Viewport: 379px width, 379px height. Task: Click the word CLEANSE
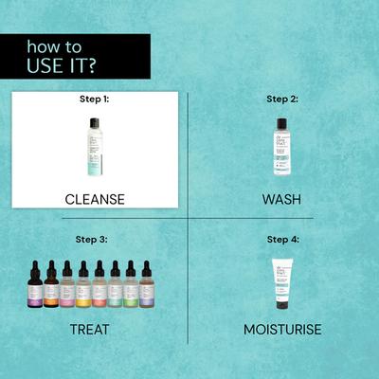pos(94,199)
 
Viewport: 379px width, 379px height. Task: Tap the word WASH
pos(281,199)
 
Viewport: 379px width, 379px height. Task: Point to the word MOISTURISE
pos(281,330)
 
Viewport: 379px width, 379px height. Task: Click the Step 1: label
pos(94,98)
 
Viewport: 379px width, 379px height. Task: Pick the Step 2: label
pos(281,98)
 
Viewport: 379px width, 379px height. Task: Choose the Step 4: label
pos(281,240)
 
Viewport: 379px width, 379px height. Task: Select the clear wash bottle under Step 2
pos(281,150)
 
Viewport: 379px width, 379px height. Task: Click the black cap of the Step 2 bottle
pos(281,123)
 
